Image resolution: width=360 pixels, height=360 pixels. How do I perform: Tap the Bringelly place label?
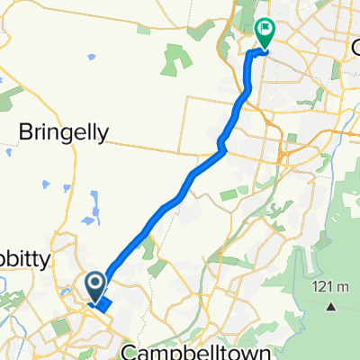tap(64, 132)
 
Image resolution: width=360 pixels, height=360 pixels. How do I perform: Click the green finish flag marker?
tap(265, 32)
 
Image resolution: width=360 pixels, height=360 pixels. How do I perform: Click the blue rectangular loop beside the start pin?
tap(102, 305)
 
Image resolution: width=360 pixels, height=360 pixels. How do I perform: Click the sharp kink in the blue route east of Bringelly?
tap(221, 142)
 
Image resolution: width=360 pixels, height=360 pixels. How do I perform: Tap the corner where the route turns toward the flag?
tap(249, 55)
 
